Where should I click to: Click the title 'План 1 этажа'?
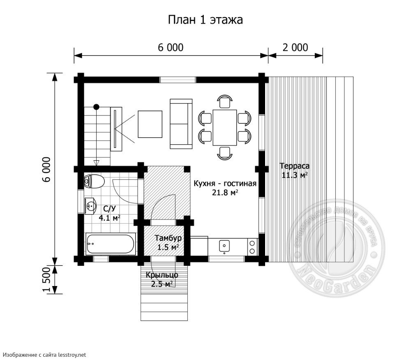coord(205,20)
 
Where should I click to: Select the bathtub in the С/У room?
coord(110,244)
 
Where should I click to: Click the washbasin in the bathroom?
coord(91,205)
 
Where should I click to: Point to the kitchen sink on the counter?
coord(224,246)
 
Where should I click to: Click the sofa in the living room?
coord(181,123)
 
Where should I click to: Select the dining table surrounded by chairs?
coord(224,127)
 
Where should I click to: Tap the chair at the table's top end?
coord(224,101)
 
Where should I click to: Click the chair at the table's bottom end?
coord(224,153)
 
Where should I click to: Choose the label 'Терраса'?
coord(294,166)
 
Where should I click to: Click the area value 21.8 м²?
coord(225,192)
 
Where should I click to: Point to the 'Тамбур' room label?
coord(168,238)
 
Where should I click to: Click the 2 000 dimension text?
coord(295,47)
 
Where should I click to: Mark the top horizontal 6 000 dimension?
coord(171,47)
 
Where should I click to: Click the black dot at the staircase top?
coord(96,107)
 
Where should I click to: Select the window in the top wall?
coord(178,80)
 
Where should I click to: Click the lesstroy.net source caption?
coord(44,354)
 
